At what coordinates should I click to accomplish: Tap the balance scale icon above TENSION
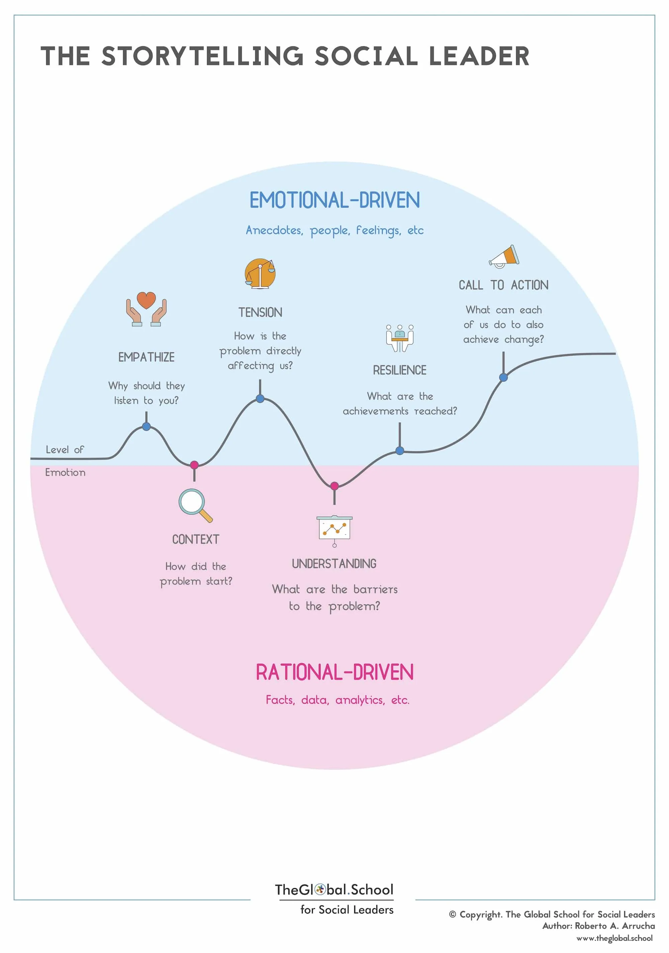coord(260,273)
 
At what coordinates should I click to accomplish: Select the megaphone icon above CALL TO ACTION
coord(504,256)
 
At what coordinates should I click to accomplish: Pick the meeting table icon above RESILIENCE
coord(399,338)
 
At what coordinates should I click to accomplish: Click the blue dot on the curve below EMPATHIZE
coord(146,426)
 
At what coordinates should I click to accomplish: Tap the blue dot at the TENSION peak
coord(260,398)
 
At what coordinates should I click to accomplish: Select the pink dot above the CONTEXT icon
coord(194,464)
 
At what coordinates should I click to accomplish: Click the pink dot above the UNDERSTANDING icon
coord(334,486)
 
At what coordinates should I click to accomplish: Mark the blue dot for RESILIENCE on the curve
coord(399,450)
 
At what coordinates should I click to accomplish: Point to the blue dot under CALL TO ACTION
coord(503,377)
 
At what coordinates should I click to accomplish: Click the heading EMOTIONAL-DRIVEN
coord(335,200)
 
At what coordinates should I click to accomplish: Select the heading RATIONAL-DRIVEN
coord(335,672)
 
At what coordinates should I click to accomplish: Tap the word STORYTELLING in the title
coord(203,56)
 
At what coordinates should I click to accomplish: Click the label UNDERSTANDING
coord(334,564)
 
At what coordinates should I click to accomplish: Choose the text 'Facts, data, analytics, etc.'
coord(338,700)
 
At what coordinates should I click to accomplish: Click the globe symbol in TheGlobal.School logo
coord(320,889)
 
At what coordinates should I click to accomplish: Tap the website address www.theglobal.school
coord(614,938)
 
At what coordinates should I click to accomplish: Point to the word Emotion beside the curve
coord(65,472)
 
